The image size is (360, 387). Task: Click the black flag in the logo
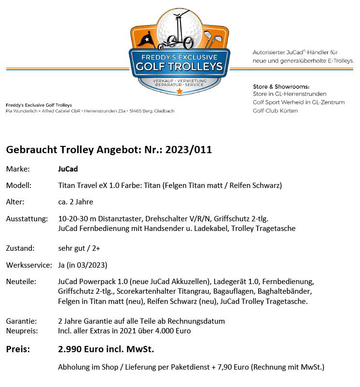[x=146, y=38]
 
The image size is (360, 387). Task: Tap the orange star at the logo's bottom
[x=180, y=91]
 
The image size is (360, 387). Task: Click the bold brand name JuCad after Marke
[x=68, y=169]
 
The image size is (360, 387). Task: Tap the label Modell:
[x=19, y=186]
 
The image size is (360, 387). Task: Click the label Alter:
[x=15, y=202]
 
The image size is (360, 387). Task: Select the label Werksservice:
[x=29, y=265]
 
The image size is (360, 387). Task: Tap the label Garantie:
[x=21, y=321]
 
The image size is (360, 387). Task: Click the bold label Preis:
[x=18, y=349]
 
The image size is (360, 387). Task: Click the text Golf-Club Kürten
[x=275, y=111]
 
